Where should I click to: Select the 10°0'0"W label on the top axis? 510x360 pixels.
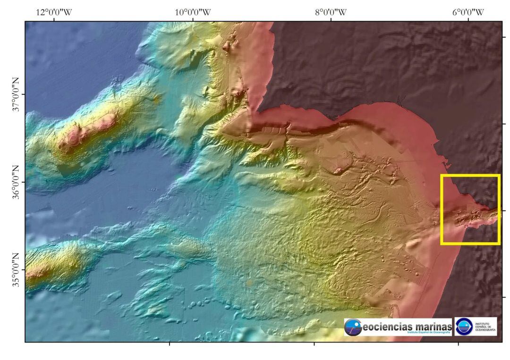click(193, 12)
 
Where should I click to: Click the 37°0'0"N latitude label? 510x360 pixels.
click(16, 94)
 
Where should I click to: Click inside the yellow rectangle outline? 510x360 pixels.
click(470, 209)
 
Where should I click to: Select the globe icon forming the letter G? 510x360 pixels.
click(353, 327)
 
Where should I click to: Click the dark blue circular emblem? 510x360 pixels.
click(464, 326)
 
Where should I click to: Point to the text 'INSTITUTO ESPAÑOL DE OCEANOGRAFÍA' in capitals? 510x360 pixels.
click(484, 327)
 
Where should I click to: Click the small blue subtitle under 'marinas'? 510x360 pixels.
click(428, 333)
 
